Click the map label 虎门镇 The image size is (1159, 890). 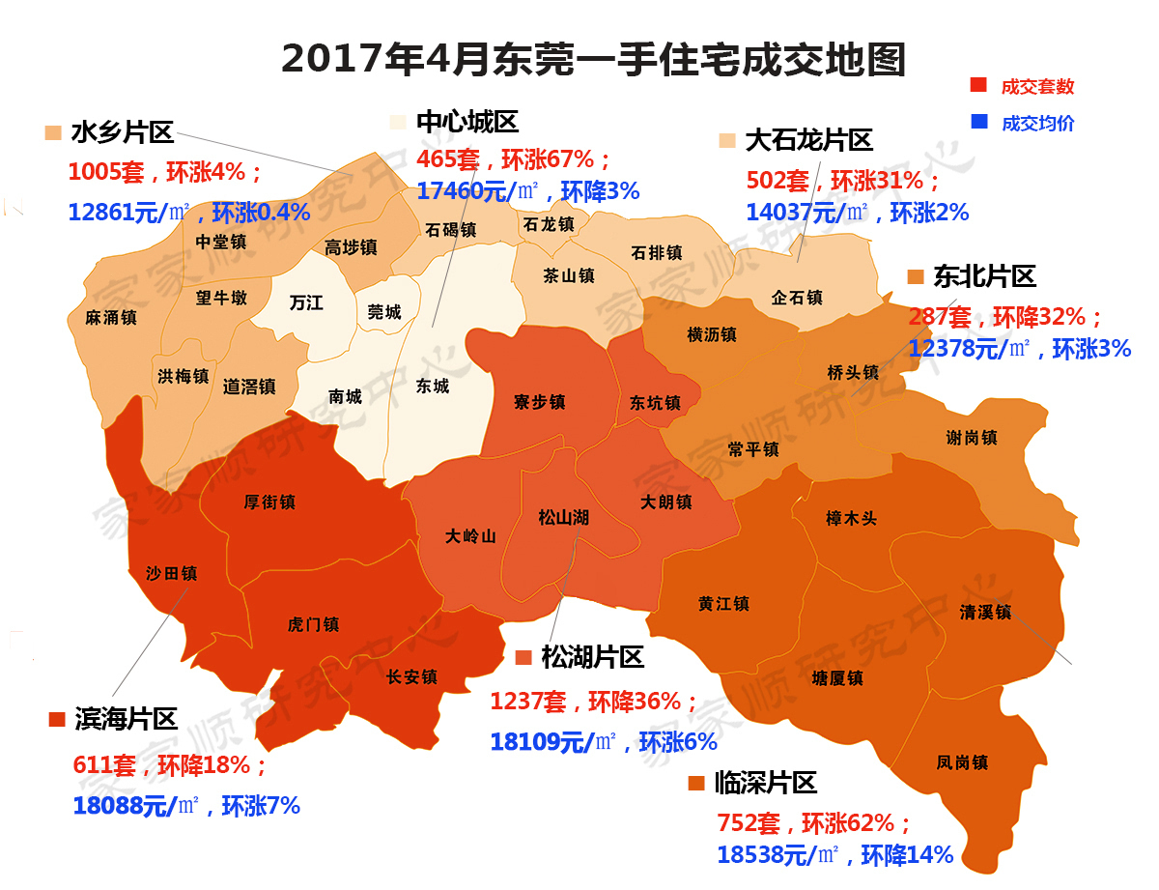pos(313,624)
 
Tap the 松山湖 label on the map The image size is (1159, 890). pos(563,518)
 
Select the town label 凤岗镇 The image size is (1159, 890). pos(962,762)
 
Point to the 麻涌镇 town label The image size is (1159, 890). pos(110,317)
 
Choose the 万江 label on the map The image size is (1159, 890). pos(306,302)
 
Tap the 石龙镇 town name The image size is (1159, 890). pos(548,224)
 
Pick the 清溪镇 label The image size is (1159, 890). pos(985,612)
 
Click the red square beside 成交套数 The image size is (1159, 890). pos(978,85)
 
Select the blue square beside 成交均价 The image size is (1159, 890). pos(978,122)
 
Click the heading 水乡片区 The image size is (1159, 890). pos(122,132)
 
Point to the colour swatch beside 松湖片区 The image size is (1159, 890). pos(524,659)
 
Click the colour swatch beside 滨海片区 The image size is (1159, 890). pos(55,719)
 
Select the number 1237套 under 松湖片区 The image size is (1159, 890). pos(528,702)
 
